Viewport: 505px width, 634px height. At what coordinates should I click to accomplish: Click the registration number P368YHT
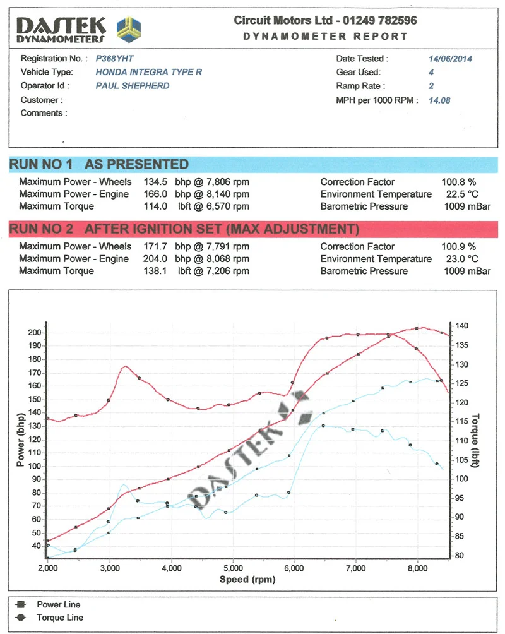[x=114, y=59]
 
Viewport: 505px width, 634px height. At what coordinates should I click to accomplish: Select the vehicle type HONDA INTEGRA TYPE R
[x=148, y=72]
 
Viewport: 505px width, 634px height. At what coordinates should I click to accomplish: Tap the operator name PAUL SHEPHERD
[x=132, y=86]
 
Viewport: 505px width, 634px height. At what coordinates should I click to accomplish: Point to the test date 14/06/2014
[x=450, y=59]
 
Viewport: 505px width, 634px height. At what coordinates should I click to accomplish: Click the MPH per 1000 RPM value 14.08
[x=439, y=100]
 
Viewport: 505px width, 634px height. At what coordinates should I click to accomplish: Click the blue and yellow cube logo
[x=129, y=30]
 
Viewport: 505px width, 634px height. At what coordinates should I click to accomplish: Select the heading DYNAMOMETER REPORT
[x=325, y=37]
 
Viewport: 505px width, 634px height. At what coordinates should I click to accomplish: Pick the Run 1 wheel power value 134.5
[x=155, y=182]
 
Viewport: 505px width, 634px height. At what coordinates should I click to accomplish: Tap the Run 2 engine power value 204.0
[x=155, y=259]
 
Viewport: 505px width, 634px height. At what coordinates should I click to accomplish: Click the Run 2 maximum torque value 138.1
[x=155, y=271]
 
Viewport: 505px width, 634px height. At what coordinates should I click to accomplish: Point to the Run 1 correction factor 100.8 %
[x=458, y=182]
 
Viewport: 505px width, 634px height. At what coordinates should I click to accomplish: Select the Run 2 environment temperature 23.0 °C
[x=462, y=259]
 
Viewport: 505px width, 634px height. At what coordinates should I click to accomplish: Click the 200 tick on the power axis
[x=34, y=332]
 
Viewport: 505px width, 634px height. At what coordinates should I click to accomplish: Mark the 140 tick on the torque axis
[x=461, y=325]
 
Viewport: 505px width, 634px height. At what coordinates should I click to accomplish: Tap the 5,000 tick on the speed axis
[x=234, y=568]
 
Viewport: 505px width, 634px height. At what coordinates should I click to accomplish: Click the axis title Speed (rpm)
[x=247, y=580]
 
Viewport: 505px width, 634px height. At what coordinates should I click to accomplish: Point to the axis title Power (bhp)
[x=20, y=440]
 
